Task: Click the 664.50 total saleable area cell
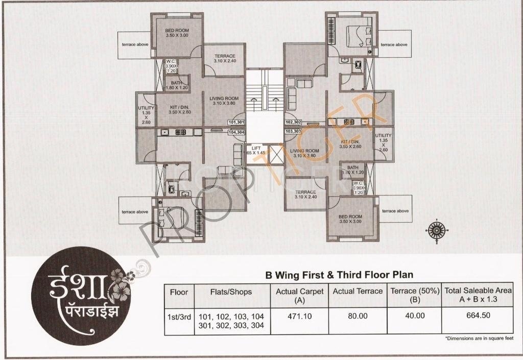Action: [478, 315]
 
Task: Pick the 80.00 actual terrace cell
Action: [358, 316]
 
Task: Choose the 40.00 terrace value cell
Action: [415, 316]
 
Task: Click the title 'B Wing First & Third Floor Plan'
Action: [339, 275]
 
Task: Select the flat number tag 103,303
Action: [294, 131]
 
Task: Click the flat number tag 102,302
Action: [294, 123]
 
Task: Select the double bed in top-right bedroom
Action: [358, 35]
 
